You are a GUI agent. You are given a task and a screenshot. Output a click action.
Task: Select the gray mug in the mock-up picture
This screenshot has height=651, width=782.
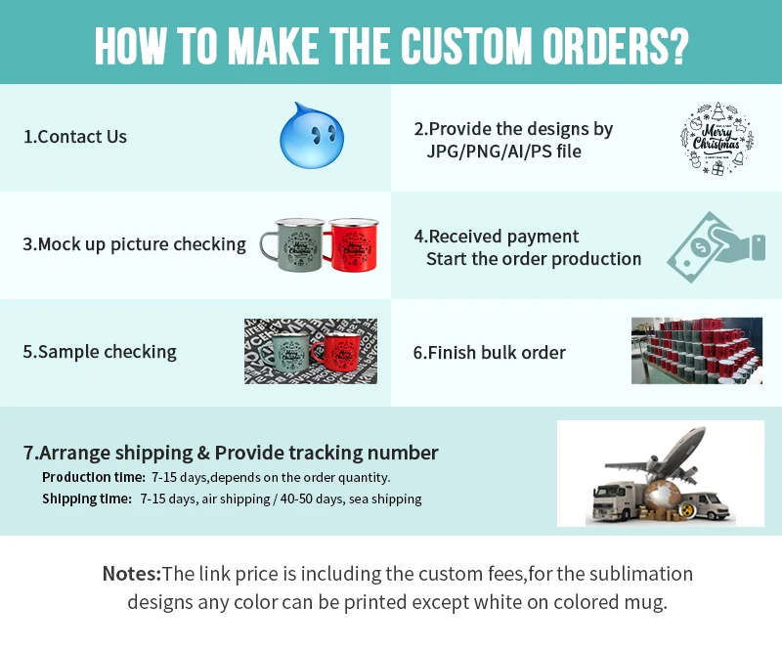point(290,243)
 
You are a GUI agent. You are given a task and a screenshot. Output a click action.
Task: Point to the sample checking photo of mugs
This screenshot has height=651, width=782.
point(310,351)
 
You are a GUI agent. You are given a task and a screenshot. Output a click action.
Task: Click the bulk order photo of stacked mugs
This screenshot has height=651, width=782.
point(696,350)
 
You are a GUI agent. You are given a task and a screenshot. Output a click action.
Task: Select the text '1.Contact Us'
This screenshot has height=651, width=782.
point(75,137)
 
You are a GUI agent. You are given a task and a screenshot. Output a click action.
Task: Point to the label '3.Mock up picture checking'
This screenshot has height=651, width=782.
point(134,244)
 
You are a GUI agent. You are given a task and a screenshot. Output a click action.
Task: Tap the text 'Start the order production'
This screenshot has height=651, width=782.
point(534,259)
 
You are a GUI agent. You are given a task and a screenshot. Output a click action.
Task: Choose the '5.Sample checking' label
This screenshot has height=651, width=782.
point(100,352)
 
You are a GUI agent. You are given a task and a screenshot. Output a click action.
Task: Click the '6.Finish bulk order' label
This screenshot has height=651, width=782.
point(490,352)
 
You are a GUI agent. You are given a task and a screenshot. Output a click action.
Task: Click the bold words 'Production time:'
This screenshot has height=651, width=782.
point(94,477)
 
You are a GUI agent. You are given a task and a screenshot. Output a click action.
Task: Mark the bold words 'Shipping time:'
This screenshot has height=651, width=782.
point(87,499)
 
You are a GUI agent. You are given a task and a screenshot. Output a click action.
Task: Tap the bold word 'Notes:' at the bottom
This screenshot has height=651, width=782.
point(131,574)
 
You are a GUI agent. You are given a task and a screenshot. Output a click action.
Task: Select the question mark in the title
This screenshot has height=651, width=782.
point(678,45)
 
